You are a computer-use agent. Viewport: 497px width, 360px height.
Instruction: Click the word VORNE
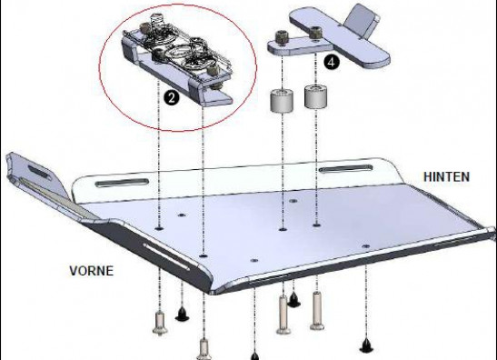(91, 271)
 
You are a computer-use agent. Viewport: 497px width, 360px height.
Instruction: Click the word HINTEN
(446, 176)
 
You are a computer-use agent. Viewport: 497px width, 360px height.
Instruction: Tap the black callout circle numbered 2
(172, 98)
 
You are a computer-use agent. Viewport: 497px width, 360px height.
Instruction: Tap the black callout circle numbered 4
(332, 62)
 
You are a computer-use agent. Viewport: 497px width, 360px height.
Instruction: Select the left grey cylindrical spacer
(282, 101)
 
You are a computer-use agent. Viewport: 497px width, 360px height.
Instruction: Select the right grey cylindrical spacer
(315, 95)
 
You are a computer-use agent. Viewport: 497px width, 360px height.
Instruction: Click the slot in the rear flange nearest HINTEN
(345, 168)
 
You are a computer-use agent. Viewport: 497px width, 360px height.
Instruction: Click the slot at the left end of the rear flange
(122, 183)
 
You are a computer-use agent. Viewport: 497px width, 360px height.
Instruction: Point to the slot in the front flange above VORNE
(166, 256)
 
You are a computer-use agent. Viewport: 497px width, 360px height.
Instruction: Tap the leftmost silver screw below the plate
(160, 323)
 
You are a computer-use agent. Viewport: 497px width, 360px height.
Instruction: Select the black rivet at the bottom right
(366, 345)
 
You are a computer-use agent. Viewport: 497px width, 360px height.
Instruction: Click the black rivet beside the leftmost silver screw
(183, 314)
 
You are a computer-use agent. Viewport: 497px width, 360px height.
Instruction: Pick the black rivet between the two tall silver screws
(293, 299)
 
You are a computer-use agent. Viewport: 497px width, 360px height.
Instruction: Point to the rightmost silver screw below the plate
(317, 311)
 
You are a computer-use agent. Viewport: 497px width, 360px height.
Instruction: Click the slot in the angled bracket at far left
(40, 173)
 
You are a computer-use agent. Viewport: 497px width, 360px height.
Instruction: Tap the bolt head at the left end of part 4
(282, 37)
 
